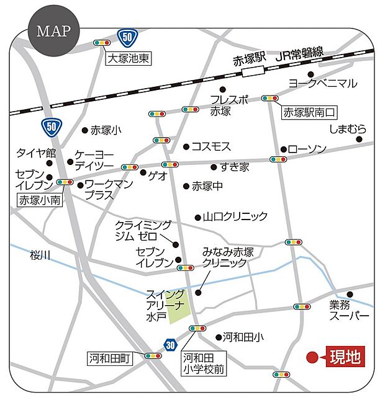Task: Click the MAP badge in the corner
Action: (53, 31)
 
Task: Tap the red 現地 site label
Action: (344, 357)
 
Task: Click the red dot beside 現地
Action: (312, 357)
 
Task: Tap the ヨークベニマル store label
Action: (323, 83)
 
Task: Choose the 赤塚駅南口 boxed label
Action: (309, 113)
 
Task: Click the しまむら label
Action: (348, 129)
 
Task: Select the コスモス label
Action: (211, 146)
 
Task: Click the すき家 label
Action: (235, 166)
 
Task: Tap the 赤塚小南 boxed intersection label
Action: (37, 200)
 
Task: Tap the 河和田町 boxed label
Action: (110, 358)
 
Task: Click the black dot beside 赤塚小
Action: (85, 130)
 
